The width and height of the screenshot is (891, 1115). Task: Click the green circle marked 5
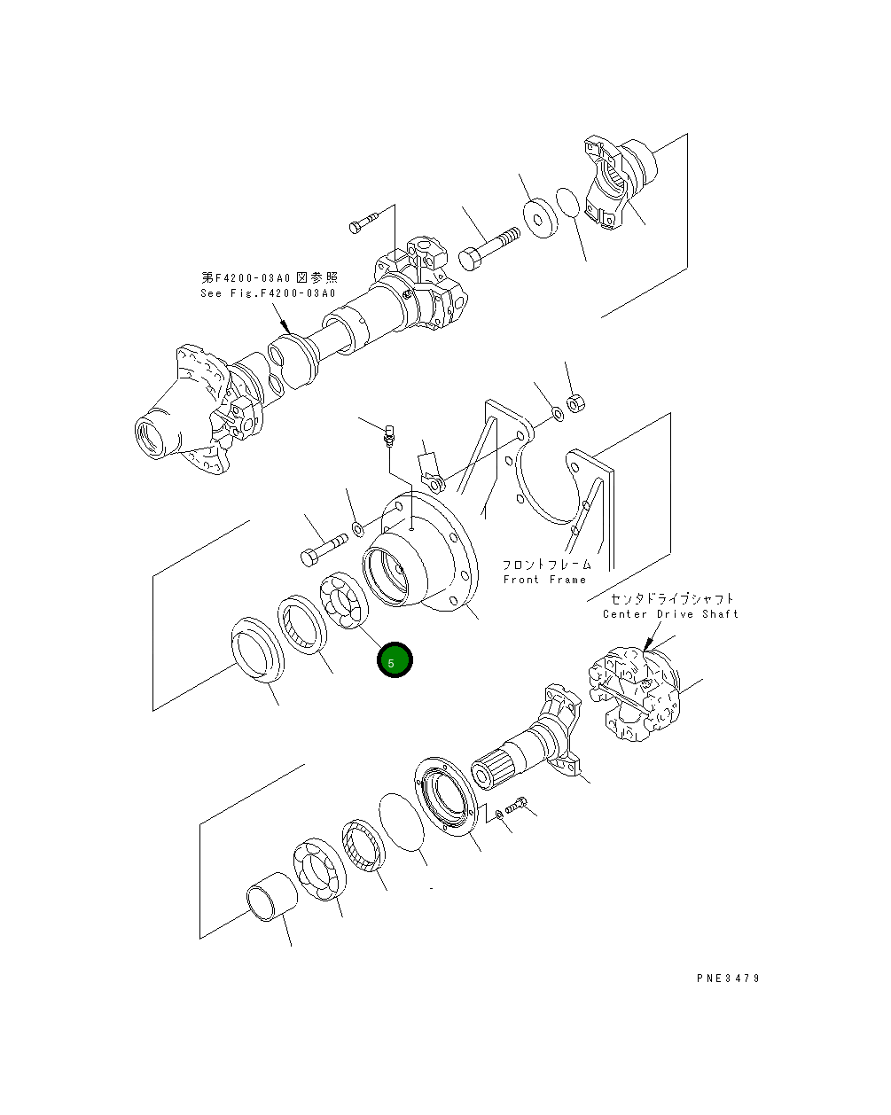395,661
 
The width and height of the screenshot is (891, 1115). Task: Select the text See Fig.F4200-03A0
268,293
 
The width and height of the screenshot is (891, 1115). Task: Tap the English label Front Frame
544,580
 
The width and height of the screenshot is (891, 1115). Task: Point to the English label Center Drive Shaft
669,614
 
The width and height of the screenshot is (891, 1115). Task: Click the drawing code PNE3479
728,979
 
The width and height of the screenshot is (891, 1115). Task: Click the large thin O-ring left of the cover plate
403,823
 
